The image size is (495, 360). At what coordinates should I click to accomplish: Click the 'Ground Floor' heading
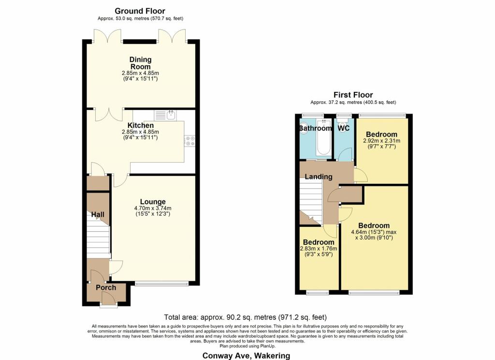(140, 11)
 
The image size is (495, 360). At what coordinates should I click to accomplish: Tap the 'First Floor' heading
(353, 95)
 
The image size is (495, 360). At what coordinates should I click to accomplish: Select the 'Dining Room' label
(140, 63)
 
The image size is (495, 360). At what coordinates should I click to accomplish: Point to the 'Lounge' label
(153, 202)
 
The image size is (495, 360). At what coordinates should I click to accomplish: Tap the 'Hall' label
(98, 214)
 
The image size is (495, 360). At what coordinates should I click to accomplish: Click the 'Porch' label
(106, 287)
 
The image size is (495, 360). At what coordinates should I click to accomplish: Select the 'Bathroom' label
(315, 128)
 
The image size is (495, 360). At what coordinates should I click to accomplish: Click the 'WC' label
(344, 128)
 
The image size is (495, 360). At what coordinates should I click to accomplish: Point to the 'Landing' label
(318, 177)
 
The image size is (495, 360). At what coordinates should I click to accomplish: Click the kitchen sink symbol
(166, 115)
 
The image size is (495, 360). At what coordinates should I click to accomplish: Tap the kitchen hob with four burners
(189, 140)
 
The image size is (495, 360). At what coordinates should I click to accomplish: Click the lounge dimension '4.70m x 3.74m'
(153, 209)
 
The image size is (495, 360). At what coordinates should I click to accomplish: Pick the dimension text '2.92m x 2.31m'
(381, 141)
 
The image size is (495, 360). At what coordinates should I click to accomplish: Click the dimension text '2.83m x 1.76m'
(318, 249)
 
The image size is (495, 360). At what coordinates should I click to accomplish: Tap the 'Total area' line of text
(245, 317)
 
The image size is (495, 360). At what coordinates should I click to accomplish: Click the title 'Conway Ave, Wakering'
(247, 356)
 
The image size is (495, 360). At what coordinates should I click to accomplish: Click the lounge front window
(161, 284)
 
